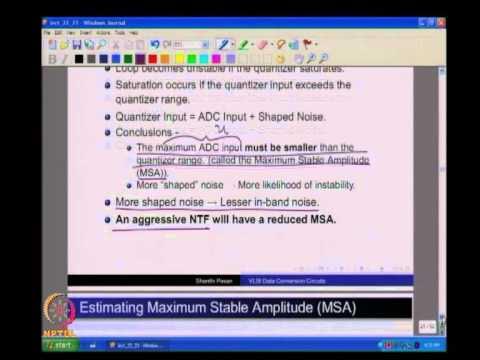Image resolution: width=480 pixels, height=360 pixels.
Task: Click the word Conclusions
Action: [144, 131]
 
